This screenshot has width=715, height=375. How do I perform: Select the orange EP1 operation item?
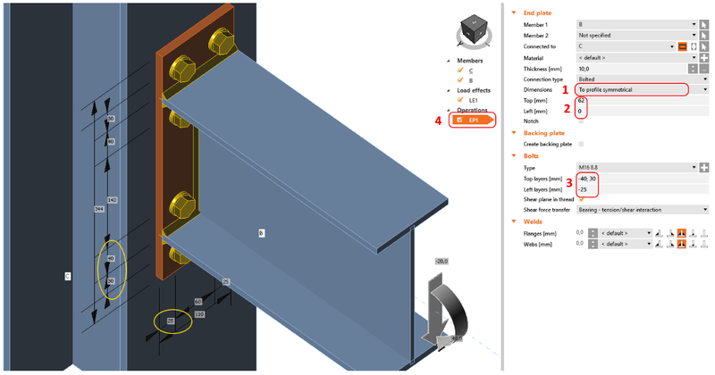tap(473, 120)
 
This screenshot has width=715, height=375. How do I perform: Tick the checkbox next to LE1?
tap(463, 100)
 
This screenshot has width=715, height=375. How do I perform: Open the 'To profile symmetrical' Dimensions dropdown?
tap(634, 89)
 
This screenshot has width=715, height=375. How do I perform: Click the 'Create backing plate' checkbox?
tap(581, 144)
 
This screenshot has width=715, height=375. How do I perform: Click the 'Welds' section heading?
tap(534, 221)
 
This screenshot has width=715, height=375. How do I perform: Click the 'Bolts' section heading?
tap(533, 155)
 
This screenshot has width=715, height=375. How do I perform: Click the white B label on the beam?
tap(261, 233)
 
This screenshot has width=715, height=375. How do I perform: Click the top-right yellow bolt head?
tap(220, 42)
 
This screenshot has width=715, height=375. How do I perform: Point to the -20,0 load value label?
tap(441, 261)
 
